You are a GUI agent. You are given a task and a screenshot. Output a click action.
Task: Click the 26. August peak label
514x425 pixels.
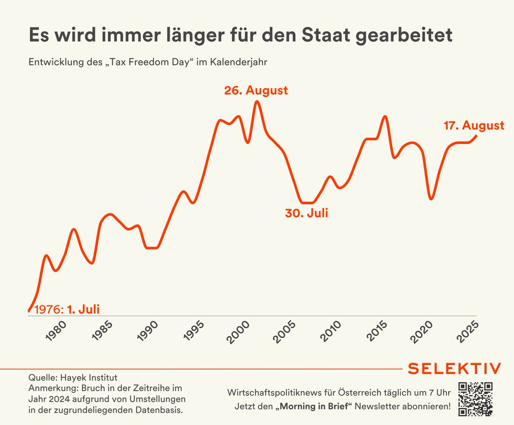click(x=256, y=91)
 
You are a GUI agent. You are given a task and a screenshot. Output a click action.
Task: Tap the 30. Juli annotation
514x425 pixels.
click(x=306, y=213)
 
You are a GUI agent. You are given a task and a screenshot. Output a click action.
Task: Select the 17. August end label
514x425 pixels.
click(x=473, y=126)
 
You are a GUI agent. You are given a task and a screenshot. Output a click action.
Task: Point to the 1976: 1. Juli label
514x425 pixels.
click(x=69, y=309)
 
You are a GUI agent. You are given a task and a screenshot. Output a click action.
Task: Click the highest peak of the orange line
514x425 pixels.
click(x=257, y=102)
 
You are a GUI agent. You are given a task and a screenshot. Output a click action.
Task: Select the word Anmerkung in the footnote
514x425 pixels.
click(x=51, y=389)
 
